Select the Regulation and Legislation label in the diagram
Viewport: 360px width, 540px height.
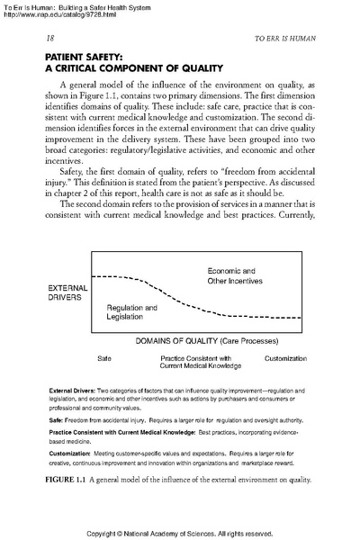tap(131, 313)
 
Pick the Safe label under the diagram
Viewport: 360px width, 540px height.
tap(104, 358)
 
